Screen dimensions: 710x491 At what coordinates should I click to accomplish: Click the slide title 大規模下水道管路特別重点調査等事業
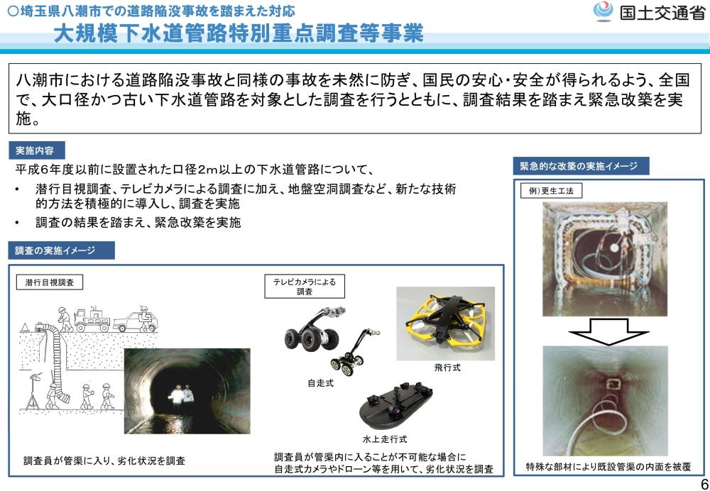(239, 33)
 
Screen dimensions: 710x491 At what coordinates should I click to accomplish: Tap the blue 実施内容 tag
(36, 150)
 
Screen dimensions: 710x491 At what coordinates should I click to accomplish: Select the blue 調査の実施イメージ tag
(61, 250)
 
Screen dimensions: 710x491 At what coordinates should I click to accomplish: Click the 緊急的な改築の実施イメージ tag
(581, 166)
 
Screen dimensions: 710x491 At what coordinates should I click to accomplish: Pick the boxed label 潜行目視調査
(50, 283)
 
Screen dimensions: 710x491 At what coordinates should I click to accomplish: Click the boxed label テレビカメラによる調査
(305, 287)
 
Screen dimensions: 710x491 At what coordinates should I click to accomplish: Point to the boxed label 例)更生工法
(552, 191)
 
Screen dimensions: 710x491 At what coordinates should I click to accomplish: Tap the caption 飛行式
(447, 368)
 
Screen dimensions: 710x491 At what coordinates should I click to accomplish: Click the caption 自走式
(320, 383)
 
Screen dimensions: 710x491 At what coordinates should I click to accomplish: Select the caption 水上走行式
(384, 439)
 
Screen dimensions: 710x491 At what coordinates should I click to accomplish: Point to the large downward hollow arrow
(608, 331)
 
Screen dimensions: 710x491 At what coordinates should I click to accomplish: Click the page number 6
(704, 482)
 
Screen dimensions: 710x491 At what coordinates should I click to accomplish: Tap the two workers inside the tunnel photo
(181, 395)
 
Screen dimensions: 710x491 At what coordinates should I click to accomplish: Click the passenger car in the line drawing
(136, 320)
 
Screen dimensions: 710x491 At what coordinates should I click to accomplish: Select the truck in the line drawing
(92, 319)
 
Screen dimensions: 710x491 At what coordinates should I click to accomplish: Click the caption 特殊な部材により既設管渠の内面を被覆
(608, 467)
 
